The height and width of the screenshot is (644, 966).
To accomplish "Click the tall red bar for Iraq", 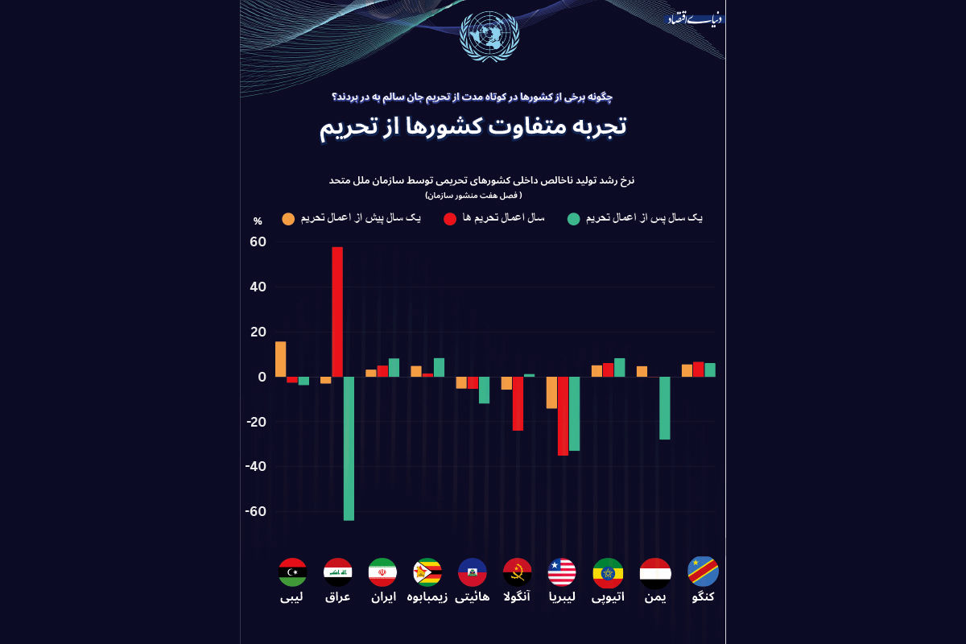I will tap(337, 312).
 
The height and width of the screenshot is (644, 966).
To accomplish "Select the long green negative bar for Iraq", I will tap(349, 448).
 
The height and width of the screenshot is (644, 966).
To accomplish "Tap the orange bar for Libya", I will tap(280, 359).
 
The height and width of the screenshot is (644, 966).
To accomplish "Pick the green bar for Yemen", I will tap(665, 408).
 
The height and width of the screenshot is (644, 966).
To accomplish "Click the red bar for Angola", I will tap(518, 403).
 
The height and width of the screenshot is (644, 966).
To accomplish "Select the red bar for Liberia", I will tap(563, 416).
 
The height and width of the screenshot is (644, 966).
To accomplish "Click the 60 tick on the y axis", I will tap(258, 242).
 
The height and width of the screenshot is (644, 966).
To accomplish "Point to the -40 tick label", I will tap(256, 467).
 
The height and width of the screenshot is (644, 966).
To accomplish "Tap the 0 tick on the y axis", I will tap(262, 377).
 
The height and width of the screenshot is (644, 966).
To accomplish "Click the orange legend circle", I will tap(288, 219).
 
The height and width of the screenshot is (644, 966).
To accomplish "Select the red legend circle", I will tap(450, 219).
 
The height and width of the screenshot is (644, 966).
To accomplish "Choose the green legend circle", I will tap(574, 219).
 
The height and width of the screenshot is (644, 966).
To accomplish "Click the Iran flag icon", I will tap(382, 572).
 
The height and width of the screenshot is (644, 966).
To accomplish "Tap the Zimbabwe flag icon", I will tap(427, 572).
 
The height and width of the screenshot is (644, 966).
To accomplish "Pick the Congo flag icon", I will tap(703, 572).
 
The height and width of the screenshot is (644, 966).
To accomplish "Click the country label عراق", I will tap(337, 597).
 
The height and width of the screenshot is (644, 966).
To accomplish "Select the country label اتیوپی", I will tap(608, 597).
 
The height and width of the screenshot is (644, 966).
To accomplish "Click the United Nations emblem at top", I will tap(489, 36).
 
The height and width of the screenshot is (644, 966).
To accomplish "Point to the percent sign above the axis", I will tap(258, 221).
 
